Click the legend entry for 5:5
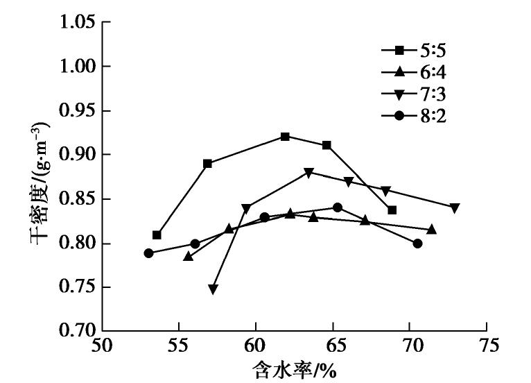415,50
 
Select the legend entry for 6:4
415,71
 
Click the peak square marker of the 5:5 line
285,137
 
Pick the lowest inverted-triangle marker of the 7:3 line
213,289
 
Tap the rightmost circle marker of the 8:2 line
417,244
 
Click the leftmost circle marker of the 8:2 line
148,253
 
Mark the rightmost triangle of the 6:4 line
432,229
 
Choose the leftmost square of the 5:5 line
157,235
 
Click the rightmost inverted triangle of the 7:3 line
455,208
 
